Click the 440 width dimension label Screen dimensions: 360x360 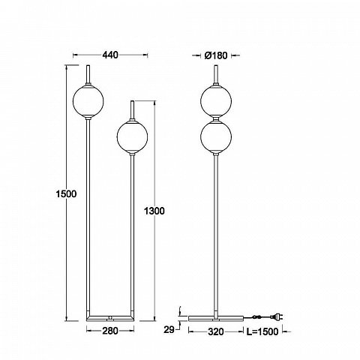109,55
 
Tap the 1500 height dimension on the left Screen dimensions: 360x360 66,193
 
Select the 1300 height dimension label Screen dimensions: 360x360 154,211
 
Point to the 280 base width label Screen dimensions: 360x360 110,331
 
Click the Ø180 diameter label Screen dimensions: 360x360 216,55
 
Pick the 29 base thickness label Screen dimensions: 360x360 169,330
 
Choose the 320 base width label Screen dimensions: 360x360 216,331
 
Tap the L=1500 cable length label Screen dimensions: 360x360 262,331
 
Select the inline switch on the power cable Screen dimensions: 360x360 256,317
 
